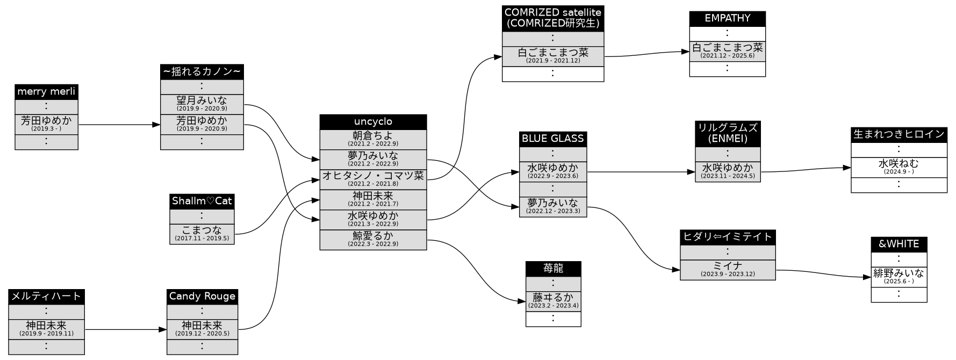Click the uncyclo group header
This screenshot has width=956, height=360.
373,122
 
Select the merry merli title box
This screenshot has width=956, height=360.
46,92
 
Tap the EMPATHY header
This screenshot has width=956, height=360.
727,18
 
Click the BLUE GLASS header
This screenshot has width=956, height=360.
553,139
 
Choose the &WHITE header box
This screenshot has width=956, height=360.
899,244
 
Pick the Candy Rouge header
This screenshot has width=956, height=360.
202,296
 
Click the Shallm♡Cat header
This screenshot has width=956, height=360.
202,201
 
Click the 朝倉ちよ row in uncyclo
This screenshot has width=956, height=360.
373,139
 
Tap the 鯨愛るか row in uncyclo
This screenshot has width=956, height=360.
373,239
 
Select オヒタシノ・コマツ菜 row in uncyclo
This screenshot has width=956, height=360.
373,179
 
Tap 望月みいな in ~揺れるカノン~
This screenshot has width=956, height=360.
202,104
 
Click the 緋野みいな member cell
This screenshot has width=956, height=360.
899,277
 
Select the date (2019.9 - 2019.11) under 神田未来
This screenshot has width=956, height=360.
46,334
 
